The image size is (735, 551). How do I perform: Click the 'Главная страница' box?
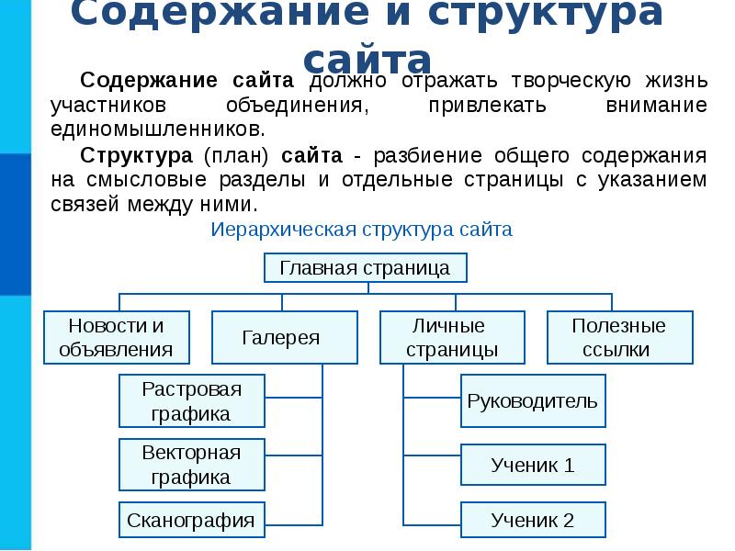(365, 268)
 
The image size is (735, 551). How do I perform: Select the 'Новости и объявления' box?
(116, 337)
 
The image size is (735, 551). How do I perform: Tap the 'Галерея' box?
(284, 337)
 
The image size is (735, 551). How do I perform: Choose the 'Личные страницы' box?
(451, 337)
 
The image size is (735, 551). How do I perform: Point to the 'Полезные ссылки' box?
(618, 337)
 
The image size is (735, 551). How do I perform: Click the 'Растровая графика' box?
(192, 400)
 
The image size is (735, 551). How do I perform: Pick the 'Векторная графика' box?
(192, 465)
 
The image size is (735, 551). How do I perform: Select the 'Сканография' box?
(192, 520)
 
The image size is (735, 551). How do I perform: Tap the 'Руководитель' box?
(533, 400)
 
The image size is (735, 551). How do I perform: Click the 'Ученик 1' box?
(533, 465)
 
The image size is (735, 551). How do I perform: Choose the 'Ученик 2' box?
(533, 520)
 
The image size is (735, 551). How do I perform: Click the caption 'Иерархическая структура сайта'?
(362, 230)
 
